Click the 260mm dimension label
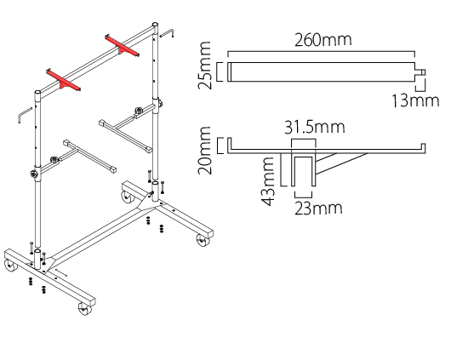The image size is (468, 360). click(323, 40)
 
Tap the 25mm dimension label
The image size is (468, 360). click(205, 66)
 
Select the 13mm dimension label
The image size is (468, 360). click(415, 100)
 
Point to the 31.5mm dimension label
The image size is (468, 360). click(315, 127)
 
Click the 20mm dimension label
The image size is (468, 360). click(205, 151)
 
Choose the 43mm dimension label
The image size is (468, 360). click(268, 181)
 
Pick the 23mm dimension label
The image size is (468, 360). click(318, 209)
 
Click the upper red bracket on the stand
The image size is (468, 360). click(122, 45)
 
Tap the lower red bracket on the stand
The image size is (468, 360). click(63, 80)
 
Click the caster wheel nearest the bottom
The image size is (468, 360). click(85, 309)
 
